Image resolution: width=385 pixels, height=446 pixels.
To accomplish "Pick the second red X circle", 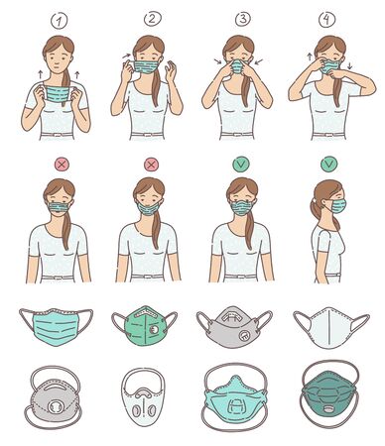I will tap(151, 164).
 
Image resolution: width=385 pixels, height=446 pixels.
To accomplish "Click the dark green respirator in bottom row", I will tap(328, 401).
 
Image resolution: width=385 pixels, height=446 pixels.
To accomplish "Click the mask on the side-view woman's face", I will tap(339, 205).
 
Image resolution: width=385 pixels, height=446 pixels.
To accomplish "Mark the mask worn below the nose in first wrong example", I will tap(60, 210).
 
